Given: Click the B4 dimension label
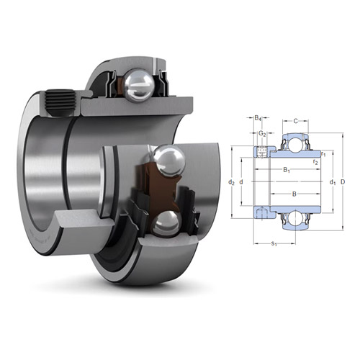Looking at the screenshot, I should tap(258, 118).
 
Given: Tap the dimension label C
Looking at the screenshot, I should tap(296, 118).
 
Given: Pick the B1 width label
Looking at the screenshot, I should tap(287, 170).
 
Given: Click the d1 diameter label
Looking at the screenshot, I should tap(332, 182).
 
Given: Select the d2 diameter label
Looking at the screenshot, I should tap(231, 182).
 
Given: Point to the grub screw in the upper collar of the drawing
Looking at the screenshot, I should tap(262, 150).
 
